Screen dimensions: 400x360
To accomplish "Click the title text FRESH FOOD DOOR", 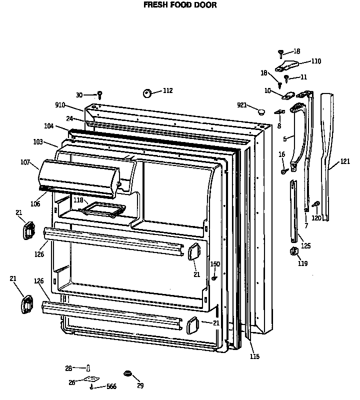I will pyautogui.click(x=180, y=5).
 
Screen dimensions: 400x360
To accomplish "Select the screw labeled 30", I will pyautogui.click(x=100, y=94).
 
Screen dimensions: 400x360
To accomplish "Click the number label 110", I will pyautogui.click(x=316, y=61).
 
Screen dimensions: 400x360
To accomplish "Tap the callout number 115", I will pyautogui.click(x=254, y=356).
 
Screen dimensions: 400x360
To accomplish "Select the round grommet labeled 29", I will pyautogui.click(x=127, y=373).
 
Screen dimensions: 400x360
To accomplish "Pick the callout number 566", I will pyautogui.click(x=111, y=387).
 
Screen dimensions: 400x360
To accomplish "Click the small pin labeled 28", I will pyautogui.click(x=88, y=368).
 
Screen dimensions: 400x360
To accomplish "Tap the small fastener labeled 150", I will pyautogui.click(x=214, y=277).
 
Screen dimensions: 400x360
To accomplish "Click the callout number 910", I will pyautogui.click(x=60, y=105).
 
